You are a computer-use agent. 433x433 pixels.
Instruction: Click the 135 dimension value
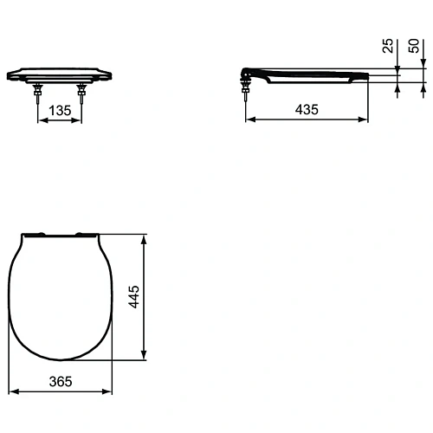[x=60, y=110]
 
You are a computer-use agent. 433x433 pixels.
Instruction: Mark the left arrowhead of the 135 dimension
[x=41, y=120]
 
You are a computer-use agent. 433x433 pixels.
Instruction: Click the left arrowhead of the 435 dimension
[x=250, y=120]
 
